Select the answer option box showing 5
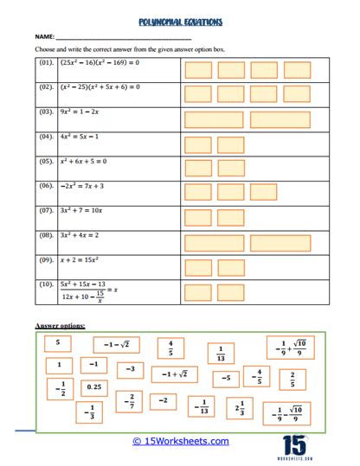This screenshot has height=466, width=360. coord(58,343)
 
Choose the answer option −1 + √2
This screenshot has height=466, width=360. coord(175,374)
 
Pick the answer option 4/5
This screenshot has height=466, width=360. coord(171,348)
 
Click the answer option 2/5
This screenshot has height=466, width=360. coord(292,379)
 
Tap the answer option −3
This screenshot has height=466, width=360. coord(131,369)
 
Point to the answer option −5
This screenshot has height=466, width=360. coord(226,378)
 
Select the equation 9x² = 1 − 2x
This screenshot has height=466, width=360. coord(81,112)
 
